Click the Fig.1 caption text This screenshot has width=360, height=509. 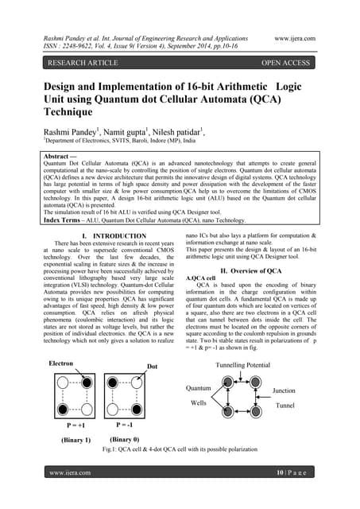pyautogui.click(x=180, y=449)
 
